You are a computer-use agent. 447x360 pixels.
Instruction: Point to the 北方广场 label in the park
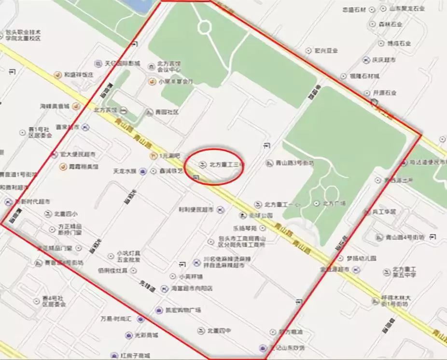334,203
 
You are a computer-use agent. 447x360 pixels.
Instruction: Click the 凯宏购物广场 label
185,309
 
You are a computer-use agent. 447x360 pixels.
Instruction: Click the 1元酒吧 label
169,156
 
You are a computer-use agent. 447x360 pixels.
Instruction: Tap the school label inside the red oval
225,165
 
